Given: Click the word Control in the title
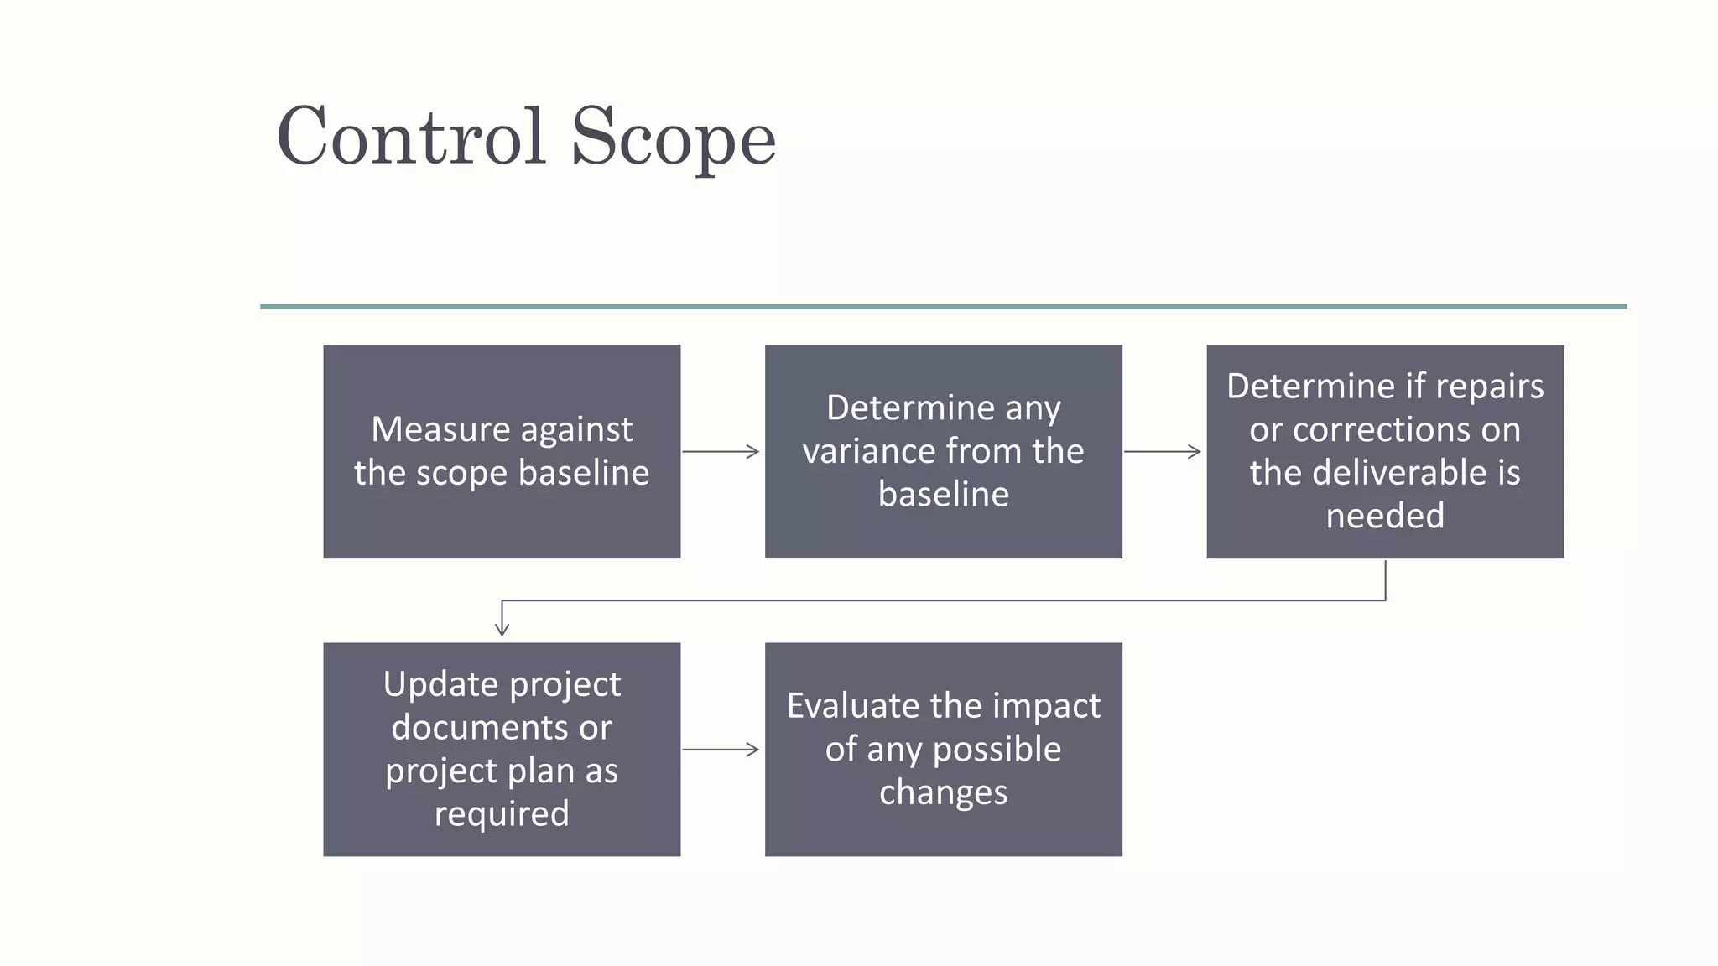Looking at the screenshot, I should tap(411, 137).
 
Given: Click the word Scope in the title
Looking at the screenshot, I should tap(674, 138).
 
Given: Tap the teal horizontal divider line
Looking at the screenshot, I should tap(943, 307).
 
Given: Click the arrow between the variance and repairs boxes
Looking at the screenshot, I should tap(1163, 452).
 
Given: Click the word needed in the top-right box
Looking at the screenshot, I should tap(1385, 516).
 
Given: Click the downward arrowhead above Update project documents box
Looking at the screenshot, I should tap(502, 628).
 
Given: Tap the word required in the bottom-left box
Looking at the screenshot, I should tap(502, 813).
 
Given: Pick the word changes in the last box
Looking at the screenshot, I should tap(943, 792).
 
